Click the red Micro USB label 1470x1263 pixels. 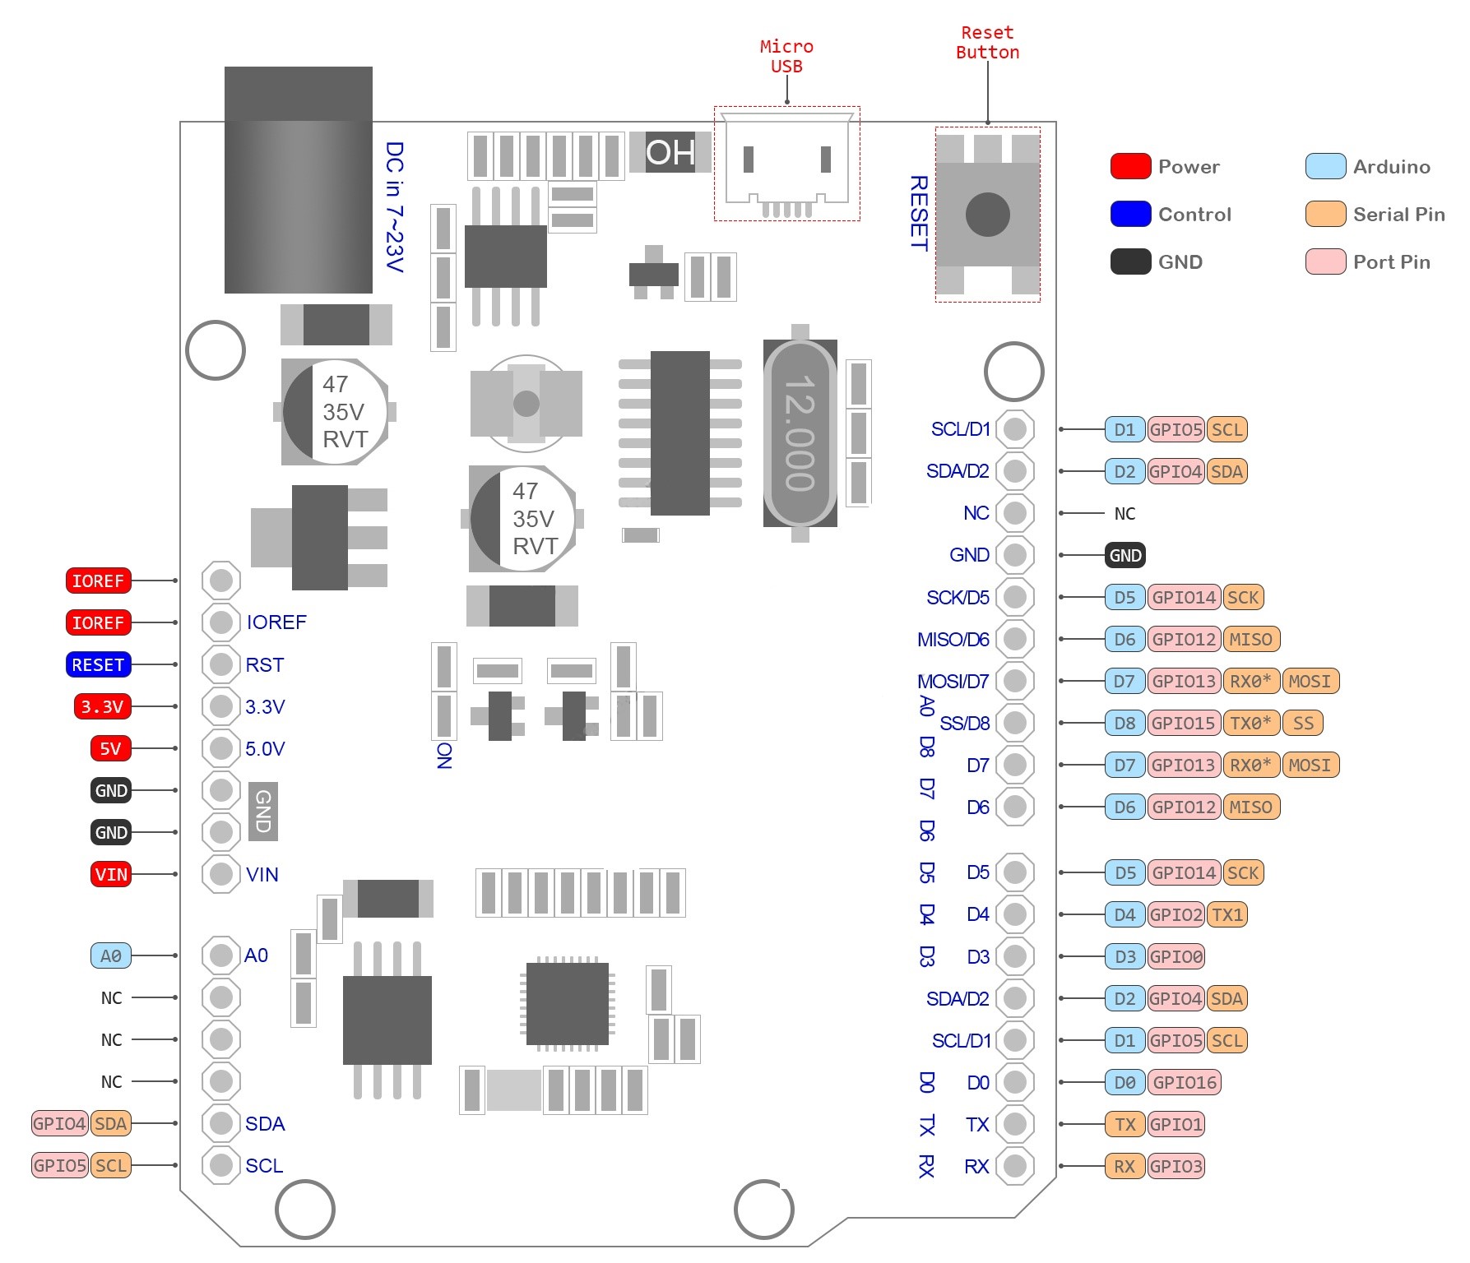coord(786,56)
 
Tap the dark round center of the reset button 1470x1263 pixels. coord(987,214)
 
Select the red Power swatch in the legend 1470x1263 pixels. coord(1130,166)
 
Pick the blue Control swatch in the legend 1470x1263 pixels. coord(1130,214)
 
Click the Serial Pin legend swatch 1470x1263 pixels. coord(1325,214)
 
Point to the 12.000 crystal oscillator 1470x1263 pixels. coord(800,433)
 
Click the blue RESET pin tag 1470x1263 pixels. coord(98,664)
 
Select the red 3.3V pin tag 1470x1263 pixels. coord(102,706)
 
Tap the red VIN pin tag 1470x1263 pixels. coord(111,874)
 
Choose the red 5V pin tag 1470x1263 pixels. coord(111,748)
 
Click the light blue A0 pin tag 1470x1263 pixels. coord(111,955)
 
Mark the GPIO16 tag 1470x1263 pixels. coord(1185,1082)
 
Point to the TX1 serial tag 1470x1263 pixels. coord(1227,914)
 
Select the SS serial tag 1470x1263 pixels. coord(1303,723)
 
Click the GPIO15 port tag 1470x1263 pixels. coord(1184,723)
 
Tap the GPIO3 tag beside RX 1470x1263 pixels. coord(1176,1166)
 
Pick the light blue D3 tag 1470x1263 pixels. coord(1125,956)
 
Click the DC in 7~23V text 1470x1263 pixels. coord(395,206)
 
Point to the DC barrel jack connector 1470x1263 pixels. coord(299,179)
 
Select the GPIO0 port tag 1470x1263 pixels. coord(1176,956)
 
